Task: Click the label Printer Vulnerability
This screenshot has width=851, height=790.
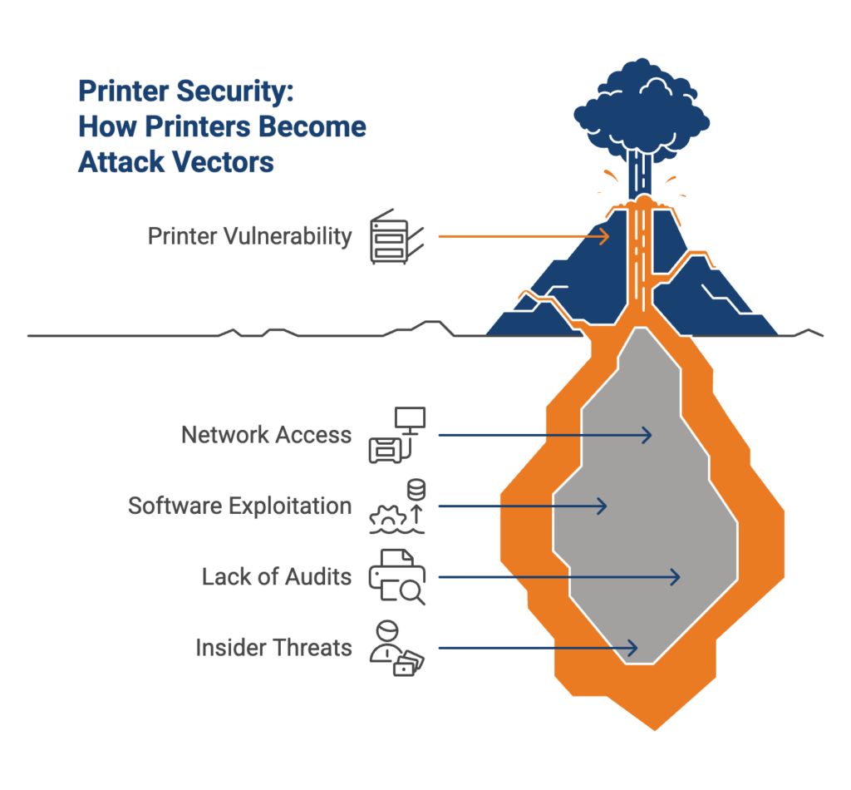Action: point(249,236)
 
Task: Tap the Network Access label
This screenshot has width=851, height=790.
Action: point(266,435)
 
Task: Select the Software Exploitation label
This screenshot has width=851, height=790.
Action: point(239,506)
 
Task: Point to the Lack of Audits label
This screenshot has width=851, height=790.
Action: point(277,576)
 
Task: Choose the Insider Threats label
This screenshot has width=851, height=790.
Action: point(273,647)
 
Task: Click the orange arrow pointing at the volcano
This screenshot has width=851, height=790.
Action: point(524,236)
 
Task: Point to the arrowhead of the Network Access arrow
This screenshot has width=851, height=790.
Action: point(647,435)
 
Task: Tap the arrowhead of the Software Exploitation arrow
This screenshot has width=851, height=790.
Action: point(603,506)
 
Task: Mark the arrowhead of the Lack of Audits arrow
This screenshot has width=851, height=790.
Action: point(676,576)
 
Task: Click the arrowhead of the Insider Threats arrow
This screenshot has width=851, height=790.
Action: point(632,647)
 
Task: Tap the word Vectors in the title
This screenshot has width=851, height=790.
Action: point(226,161)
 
